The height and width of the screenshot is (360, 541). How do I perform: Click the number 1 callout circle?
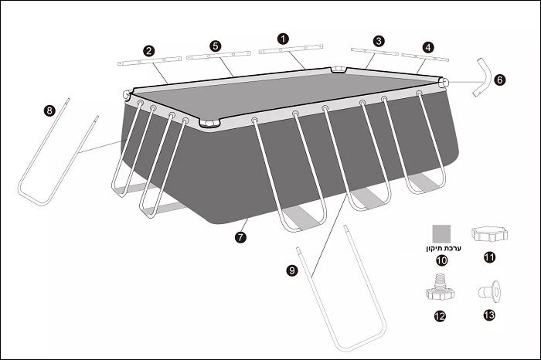[x=283, y=39]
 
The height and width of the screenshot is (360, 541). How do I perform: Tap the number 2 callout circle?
[x=148, y=51]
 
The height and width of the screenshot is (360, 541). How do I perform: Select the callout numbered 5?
[x=216, y=46]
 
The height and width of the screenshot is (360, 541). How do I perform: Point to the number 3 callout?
[x=379, y=41]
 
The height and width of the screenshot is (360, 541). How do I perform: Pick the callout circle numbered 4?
[x=428, y=47]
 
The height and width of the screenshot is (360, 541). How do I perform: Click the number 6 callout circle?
[x=499, y=80]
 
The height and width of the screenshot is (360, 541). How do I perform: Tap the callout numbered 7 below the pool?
[x=240, y=237]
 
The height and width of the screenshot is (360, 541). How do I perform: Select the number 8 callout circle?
[x=49, y=110]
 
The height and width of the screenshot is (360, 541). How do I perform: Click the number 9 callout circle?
[x=292, y=270]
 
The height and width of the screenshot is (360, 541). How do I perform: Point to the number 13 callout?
[x=489, y=315]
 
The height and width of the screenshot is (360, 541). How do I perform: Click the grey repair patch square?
[x=441, y=234]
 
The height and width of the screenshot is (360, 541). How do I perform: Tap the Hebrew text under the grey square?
[x=444, y=248]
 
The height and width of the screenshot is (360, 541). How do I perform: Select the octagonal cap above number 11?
[x=489, y=235]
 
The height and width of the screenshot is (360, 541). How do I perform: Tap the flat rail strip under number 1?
[x=291, y=49]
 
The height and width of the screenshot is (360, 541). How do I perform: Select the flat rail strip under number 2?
[x=149, y=61]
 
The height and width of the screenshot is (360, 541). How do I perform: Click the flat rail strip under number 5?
[x=219, y=55]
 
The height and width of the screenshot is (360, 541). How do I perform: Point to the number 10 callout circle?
[x=441, y=260]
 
